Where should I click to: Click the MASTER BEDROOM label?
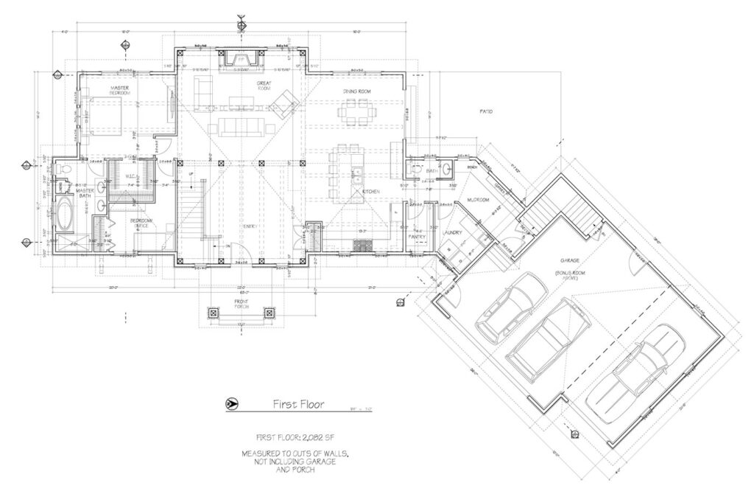[120, 90]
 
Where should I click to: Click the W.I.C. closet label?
[130, 176]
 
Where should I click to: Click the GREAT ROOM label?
[265, 86]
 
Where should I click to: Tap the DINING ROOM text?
[356, 91]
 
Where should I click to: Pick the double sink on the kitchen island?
[356, 177]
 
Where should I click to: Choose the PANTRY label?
[417, 237]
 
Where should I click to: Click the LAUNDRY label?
[452, 233]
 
